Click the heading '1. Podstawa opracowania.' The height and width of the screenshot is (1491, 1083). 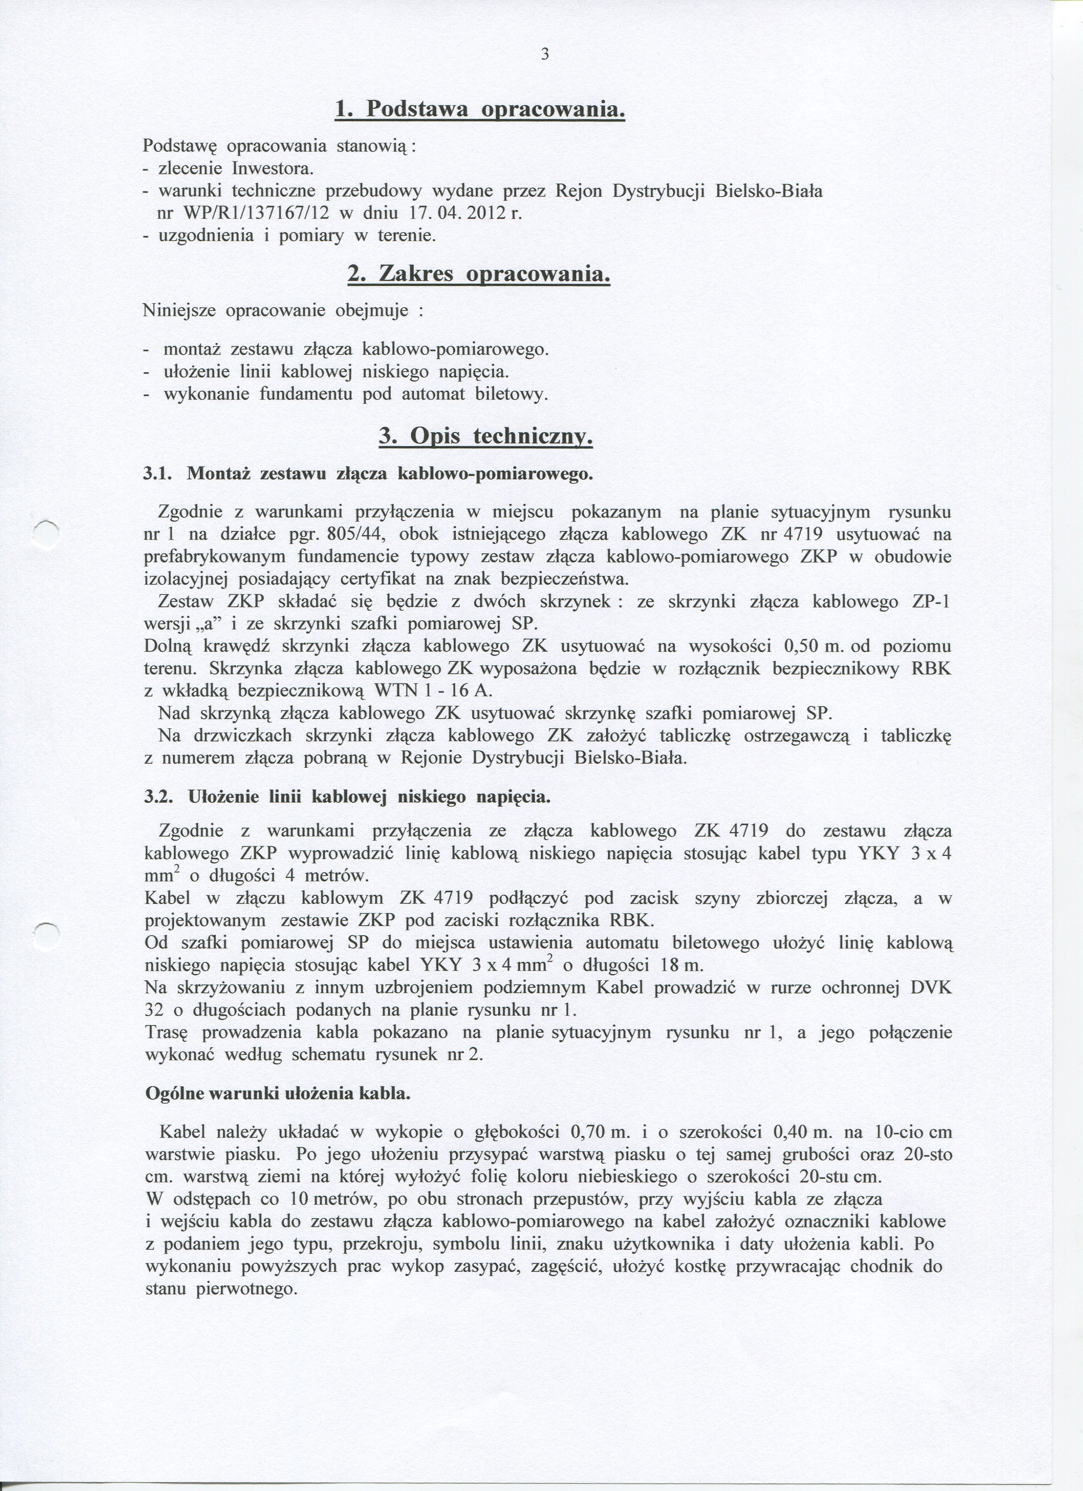pos(479,109)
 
